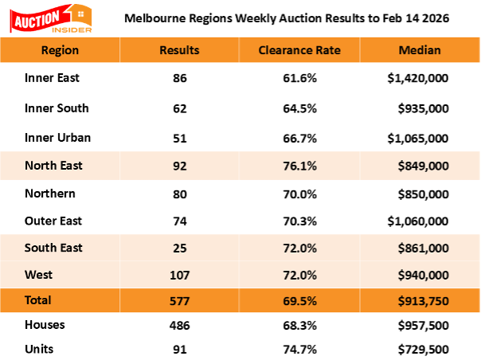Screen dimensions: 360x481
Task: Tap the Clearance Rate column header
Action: coord(299,50)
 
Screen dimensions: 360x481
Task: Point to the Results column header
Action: coord(179,50)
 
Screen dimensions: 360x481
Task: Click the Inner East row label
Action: coord(52,79)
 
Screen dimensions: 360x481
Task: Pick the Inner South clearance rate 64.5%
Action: coord(299,108)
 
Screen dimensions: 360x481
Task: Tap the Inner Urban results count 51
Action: coord(179,138)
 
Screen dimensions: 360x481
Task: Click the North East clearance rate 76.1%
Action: coord(299,166)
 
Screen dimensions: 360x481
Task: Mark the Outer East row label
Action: coord(53,221)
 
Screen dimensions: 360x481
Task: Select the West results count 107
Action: coord(179,276)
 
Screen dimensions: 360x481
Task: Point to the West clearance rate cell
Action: coord(299,276)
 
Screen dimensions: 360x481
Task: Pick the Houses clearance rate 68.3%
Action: coord(299,325)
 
